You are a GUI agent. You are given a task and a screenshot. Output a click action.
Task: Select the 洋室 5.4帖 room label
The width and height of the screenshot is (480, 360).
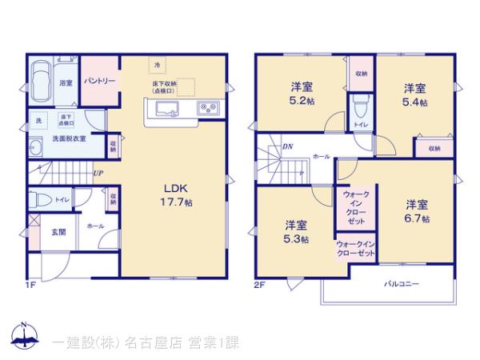click(x=414, y=95)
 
